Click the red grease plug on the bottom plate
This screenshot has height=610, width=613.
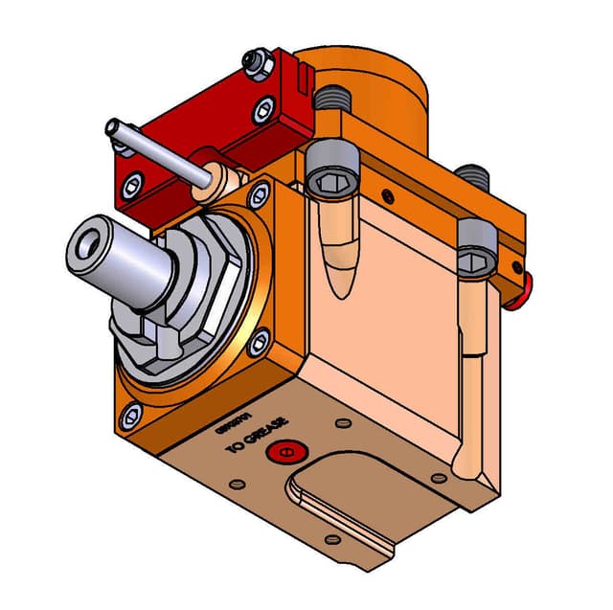click(285, 452)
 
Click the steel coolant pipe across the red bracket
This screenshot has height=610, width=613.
click(163, 152)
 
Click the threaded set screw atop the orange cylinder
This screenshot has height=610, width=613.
click(332, 95)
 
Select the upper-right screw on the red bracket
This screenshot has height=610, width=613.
click(262, 110)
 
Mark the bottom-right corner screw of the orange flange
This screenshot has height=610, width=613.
click(259, 344)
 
